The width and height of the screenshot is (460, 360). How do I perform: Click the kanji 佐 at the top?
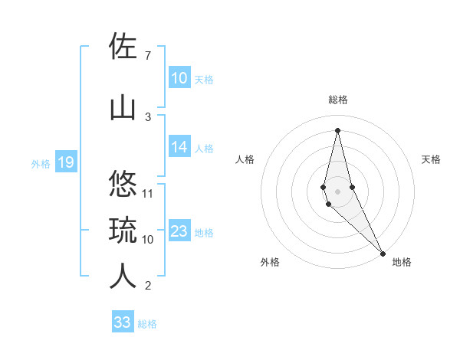pos(124,47)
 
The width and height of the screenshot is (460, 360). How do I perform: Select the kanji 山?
pos(124,107)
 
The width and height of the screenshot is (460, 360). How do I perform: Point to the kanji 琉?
pos(124,230)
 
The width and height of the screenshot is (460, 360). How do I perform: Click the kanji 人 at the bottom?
pos(124,276)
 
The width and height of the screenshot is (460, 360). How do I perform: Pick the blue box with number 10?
pos(179,78)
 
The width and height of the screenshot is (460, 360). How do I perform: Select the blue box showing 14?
pos(179,148)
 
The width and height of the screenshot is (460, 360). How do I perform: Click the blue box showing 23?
pos(179,232)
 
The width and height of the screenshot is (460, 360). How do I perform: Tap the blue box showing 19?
pos(65,162)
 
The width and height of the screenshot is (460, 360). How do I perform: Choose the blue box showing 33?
pos(123,322)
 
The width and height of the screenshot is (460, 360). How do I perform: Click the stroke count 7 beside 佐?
pos(147,56)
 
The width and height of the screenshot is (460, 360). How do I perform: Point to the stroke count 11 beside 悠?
pos(149,193)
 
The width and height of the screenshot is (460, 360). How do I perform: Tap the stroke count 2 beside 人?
pos(147,286)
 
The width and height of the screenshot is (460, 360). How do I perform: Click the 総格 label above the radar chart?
pos(337,100)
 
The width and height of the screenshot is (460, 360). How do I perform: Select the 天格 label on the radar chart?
pos(431,159)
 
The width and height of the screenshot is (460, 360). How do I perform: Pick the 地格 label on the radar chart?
pos(402,262)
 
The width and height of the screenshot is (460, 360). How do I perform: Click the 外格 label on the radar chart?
pos(270,262)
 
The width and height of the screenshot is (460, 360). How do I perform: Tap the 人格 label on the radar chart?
pos(245,159)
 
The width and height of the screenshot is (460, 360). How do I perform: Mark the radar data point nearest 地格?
pos(383,253)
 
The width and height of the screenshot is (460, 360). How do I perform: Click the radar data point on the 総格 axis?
pos(337,130)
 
